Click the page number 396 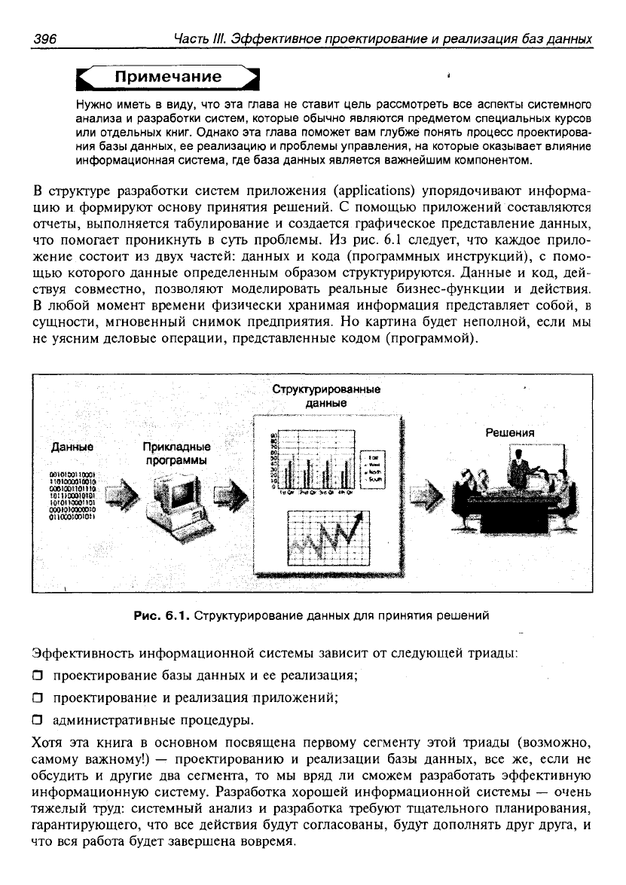coord(46,38)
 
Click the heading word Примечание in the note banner coord(167,78)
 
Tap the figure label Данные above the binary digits coord(66,447)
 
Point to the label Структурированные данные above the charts coord(325,396)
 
